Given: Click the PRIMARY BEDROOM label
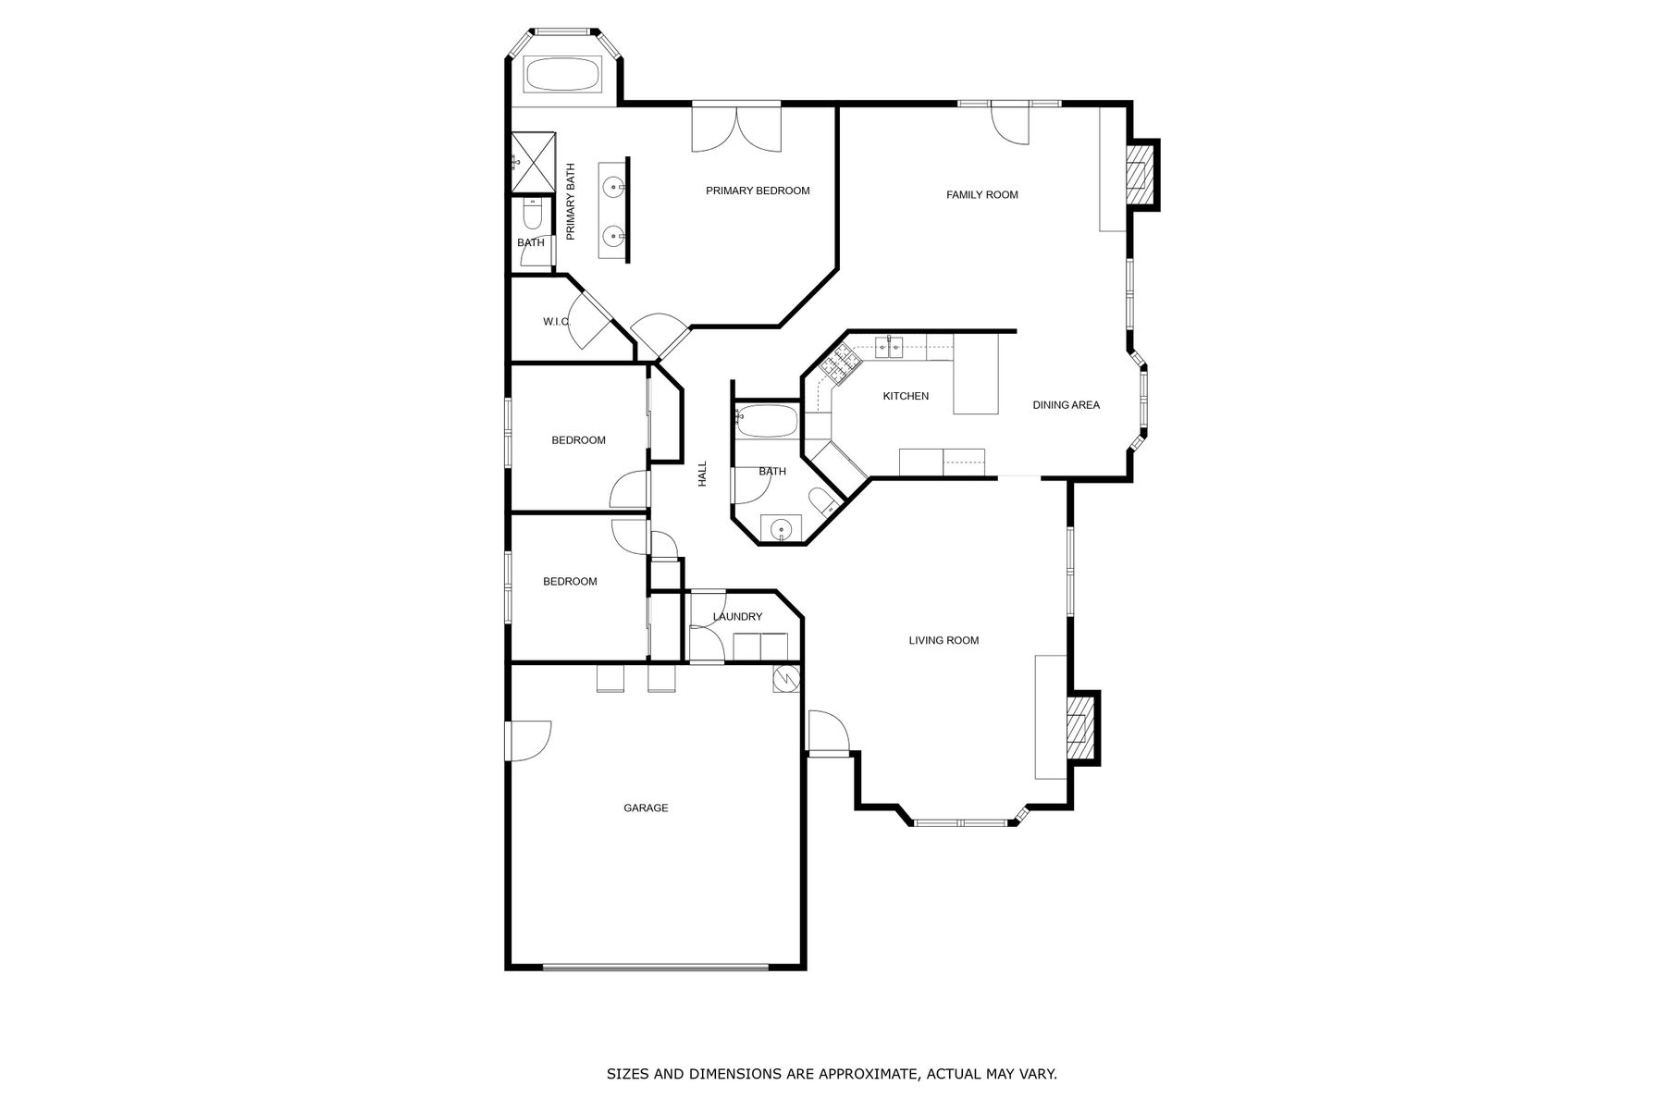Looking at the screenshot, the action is pos(758,191).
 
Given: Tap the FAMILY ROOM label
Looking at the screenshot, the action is pos(981,194).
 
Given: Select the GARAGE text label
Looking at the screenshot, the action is pos(646,808).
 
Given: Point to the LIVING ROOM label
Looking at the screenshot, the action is pos(943,640).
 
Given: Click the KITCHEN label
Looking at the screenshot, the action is pos(906,396).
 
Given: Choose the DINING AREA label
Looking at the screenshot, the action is pos(1066,404).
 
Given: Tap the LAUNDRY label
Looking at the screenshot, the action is pos(737,617).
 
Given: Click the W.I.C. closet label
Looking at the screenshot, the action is pos(556,322).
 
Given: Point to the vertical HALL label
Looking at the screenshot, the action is pos(702,475).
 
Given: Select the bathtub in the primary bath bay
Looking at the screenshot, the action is pos(563,74).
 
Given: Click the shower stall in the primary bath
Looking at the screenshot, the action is pos(534,162).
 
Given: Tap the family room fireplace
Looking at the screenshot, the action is pos(1141,175).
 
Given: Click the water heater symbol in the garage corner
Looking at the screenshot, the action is pos(786,679).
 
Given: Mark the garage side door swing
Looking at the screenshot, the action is pos(529,740).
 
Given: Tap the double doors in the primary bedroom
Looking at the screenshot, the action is pos(736,129).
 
